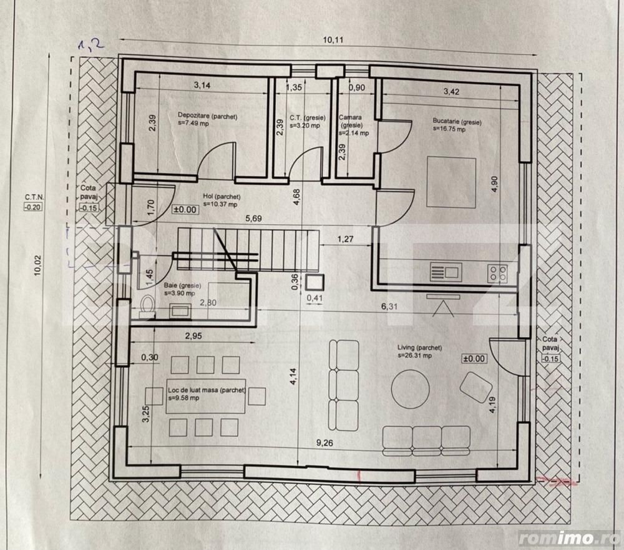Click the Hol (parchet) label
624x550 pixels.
click(221, 196)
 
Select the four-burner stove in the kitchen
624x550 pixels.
click(497, 272)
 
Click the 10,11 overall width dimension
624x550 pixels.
click(331, 40)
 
